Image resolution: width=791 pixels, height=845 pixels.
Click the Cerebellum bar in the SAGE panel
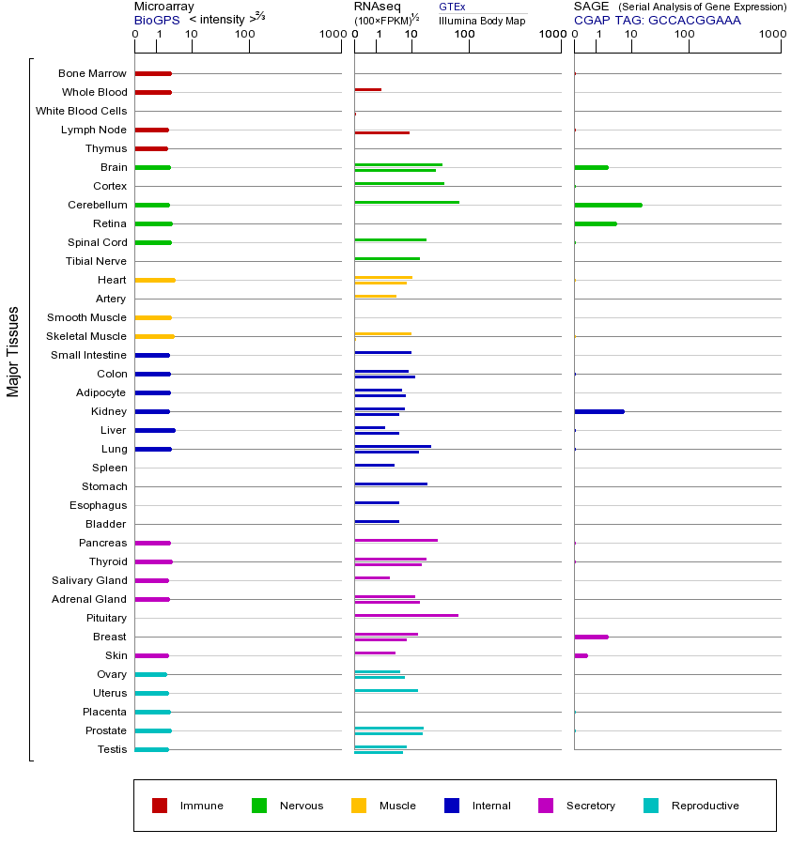coord(608,205)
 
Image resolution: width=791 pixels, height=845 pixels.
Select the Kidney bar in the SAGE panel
coord(598,411)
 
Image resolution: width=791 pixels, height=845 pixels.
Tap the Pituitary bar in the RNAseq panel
coord(406,615)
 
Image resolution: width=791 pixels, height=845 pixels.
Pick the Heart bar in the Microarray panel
coord(155,280)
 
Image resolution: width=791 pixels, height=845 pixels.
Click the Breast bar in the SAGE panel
coord(591,637)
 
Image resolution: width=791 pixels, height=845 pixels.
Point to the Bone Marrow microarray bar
coord(153,73)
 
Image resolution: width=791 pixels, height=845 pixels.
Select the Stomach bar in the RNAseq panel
coord(391,484)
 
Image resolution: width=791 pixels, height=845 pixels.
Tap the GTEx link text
coord(452,8)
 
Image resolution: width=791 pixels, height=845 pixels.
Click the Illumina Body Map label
coord(482,21)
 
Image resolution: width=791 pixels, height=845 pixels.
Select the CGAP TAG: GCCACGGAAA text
coord(657,20)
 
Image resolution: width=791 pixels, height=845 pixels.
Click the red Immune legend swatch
coord(160,806)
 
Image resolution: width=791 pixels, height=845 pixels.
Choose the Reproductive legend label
coord(705,806)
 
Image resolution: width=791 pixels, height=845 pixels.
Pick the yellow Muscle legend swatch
coord(359,806)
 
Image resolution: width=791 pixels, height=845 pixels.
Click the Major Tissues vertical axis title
coord(13,351)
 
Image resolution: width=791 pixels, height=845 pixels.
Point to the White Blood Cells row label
coord(81,111)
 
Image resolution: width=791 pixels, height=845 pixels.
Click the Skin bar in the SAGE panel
coord(581,655)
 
